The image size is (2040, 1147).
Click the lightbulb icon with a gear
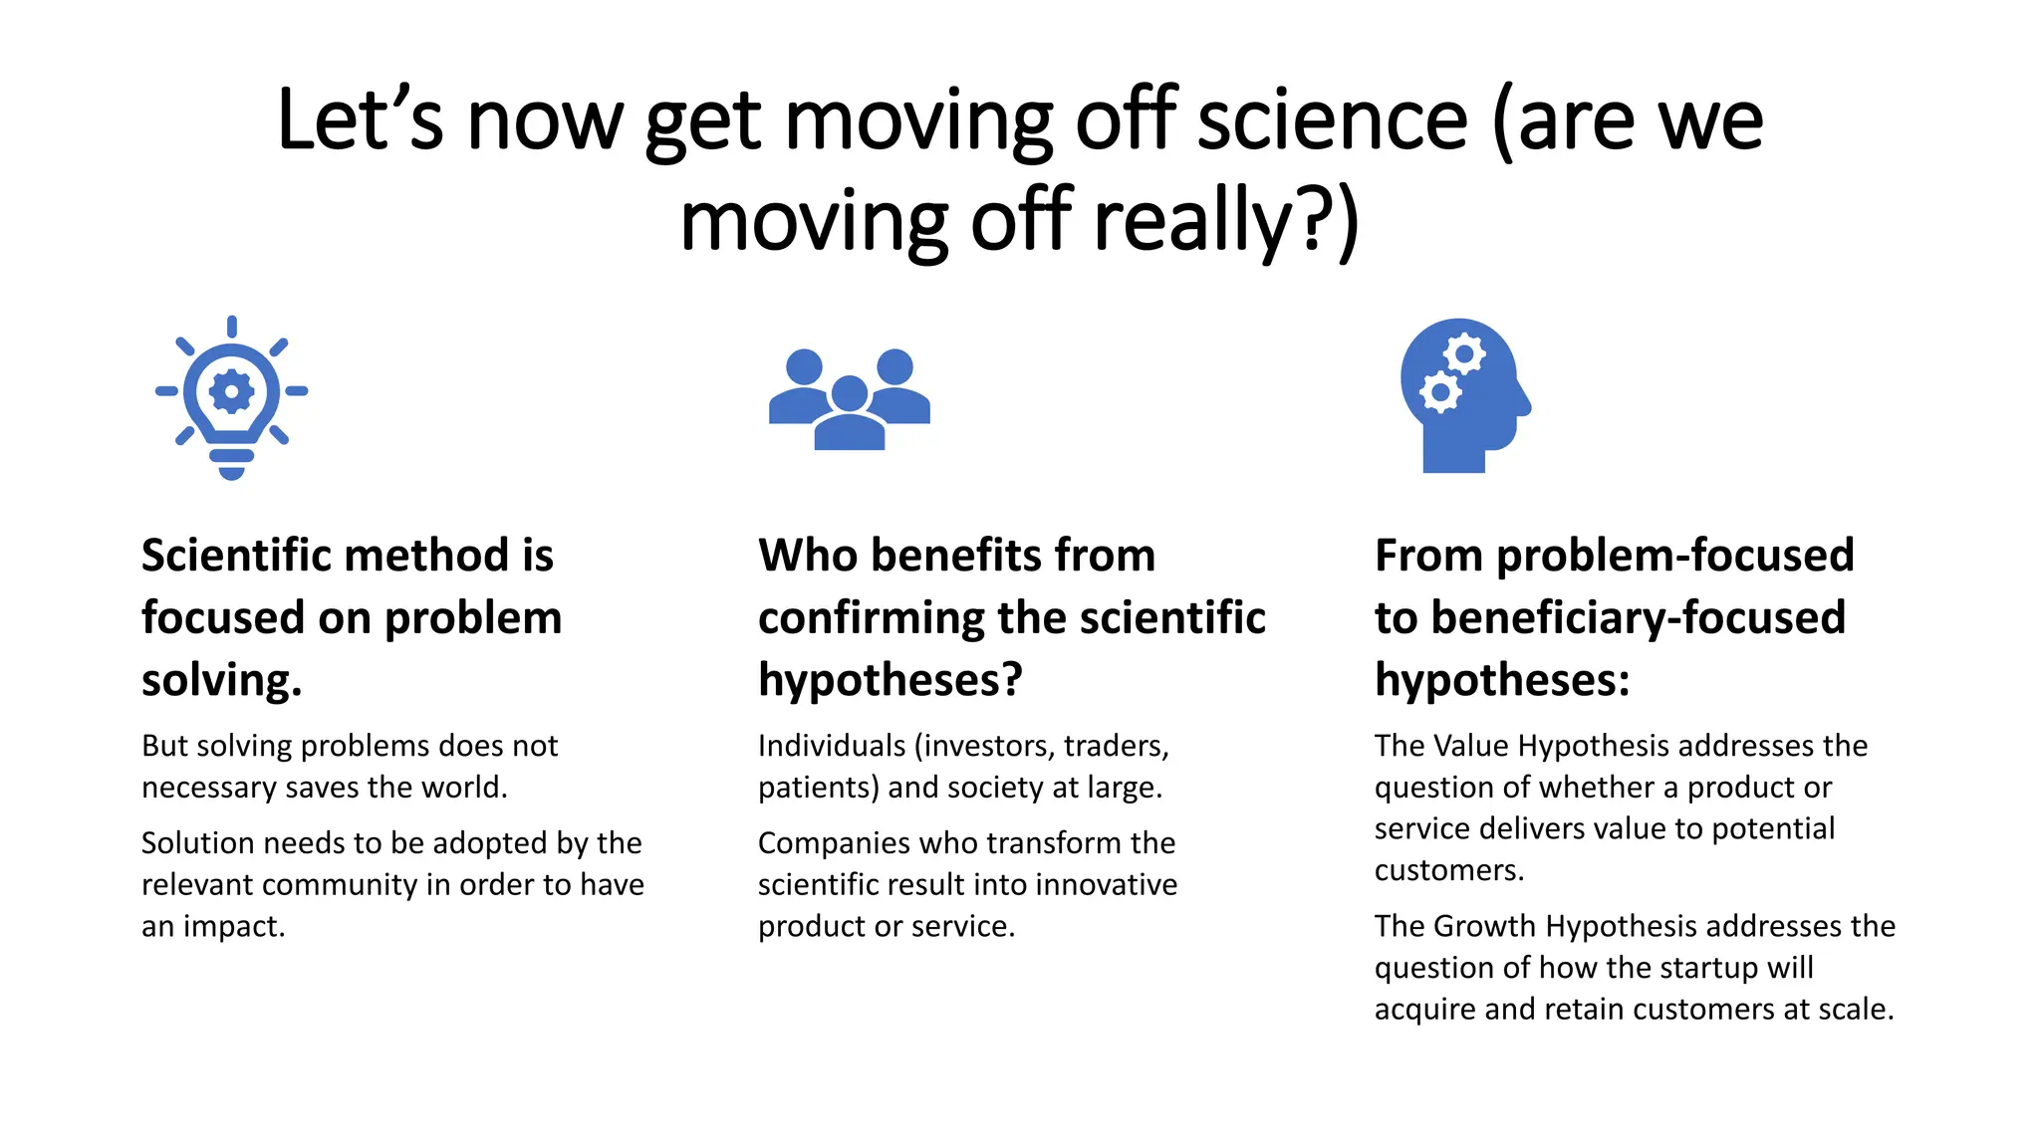click(x=231, y=397)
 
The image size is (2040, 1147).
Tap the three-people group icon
click(x=849, y=399)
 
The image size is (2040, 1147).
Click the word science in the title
click(x=1332, y=120)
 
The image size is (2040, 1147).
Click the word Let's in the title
click(x=360, y=120)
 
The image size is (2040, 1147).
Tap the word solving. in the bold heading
click(x=221, y=681)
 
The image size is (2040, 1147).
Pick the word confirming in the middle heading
click(x=870, y=618)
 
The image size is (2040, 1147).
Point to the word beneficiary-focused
click(x=1638, y=618)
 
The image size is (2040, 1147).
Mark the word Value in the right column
click(x=1470, y=746)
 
